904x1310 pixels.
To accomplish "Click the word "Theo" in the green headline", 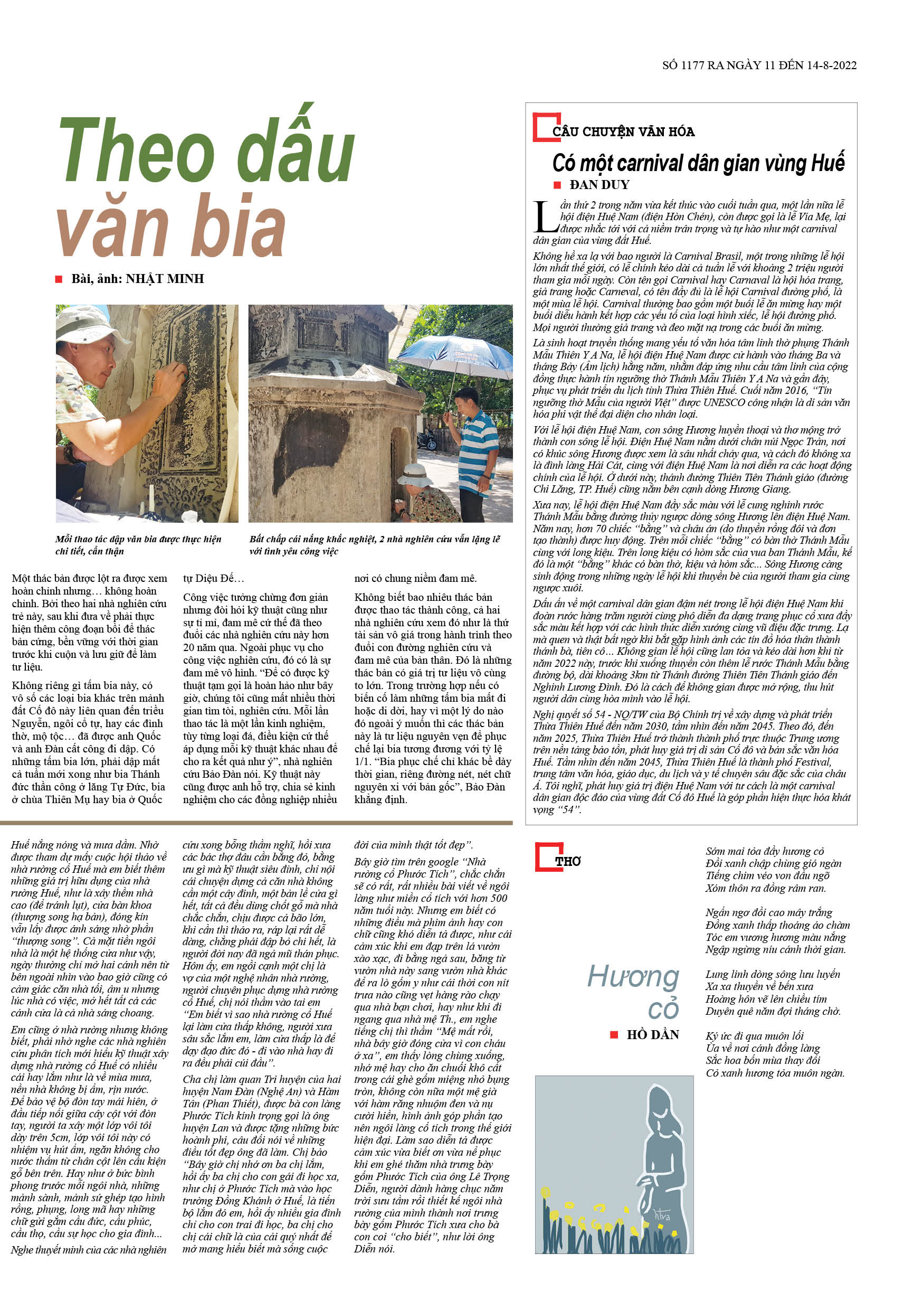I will tap(136, 152).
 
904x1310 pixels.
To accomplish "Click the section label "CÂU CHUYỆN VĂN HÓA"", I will tap(623, 132).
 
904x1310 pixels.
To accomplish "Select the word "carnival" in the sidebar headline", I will tap(649, 164).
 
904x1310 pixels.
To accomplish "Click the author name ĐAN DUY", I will tap(600, 185).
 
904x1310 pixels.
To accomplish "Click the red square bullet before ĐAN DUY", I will tap(557, 185).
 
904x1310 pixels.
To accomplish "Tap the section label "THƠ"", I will tap(567, 862).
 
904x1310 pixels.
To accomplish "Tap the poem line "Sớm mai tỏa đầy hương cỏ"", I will tap(764, 852).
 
